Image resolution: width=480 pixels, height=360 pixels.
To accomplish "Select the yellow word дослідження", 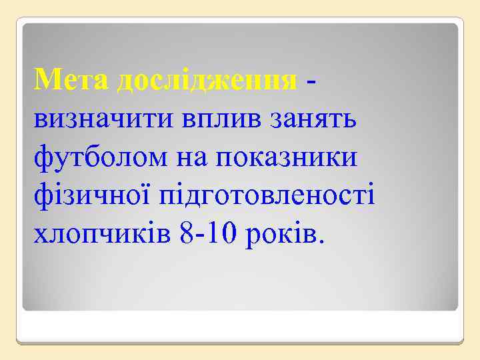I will [207, 81].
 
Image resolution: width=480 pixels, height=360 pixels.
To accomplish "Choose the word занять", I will [315, 120].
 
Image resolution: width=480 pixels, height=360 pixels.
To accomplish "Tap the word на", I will [191, 159].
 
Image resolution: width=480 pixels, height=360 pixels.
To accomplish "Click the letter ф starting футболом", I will [43, 159].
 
